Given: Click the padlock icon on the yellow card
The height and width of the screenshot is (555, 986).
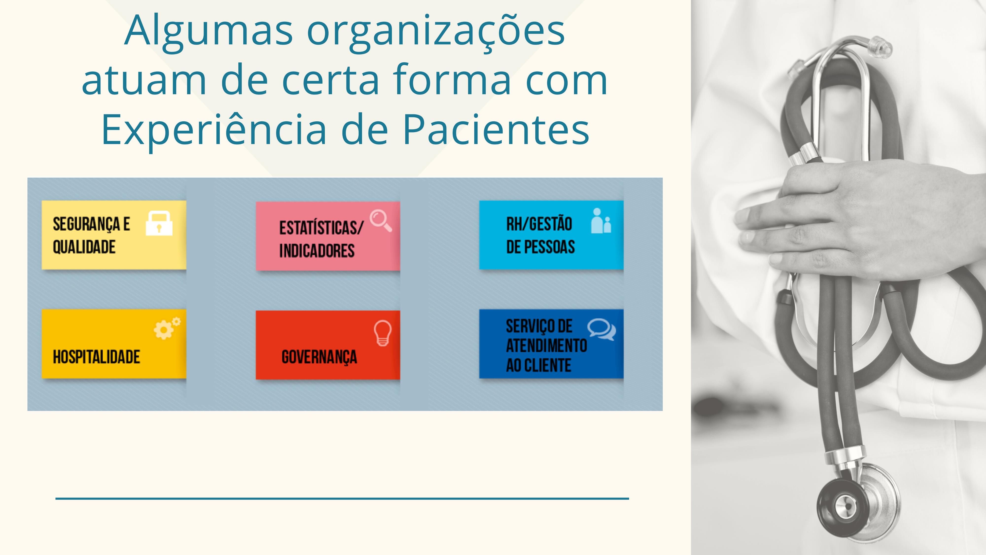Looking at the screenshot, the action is tap(159, 223).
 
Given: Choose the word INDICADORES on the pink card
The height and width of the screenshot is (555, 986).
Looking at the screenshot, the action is tap(317, 251).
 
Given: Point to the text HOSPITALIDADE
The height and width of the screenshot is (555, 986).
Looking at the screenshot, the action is tap(96, 357).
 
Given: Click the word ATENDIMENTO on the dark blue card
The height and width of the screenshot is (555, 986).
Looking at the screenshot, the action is tap(546, 346).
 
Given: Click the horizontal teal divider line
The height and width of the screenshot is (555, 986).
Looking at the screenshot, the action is tap(342, 498).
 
